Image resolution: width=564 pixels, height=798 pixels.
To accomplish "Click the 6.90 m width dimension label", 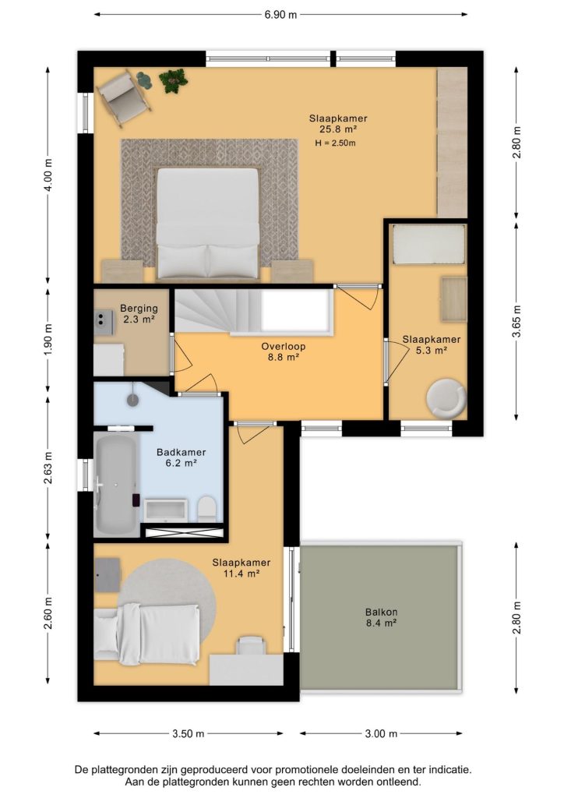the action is [x=280, y=14].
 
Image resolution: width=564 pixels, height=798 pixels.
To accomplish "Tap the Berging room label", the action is [x=139, y=308].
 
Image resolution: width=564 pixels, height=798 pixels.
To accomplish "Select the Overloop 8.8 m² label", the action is [x=284, y=351].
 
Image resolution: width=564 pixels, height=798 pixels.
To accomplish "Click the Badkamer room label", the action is [x=181, y=452].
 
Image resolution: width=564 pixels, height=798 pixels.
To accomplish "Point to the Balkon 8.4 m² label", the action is [x=381, y=617].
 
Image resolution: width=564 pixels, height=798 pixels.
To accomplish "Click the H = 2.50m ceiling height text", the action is [x=335, y=143].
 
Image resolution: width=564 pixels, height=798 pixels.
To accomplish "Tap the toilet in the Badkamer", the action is [x=207, y=508].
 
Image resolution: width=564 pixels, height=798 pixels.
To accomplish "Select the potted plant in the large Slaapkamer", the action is [x=173, y=80].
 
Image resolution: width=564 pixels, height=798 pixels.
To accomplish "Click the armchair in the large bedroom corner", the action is [x=123, y=97].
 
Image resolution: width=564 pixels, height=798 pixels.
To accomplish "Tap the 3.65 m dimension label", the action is [x=516, y=321].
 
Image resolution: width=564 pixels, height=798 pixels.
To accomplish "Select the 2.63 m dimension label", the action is [x=48, y=468].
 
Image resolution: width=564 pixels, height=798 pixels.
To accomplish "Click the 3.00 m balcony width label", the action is [x=381, y=733].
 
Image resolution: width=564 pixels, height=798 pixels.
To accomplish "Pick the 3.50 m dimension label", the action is [x=188, y=733].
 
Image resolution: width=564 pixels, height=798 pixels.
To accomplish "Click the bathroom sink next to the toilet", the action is [x=166, y=510].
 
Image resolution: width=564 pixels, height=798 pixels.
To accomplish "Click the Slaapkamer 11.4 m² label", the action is [x=241, y=568].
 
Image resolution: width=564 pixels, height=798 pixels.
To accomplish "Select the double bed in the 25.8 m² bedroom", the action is [x=207, y=224].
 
